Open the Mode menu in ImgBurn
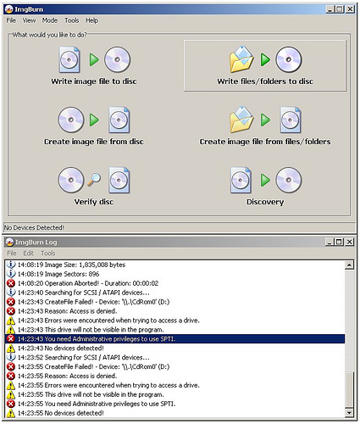pyautogui.click(x=50, y=20)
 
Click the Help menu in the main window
pyautogui.click(x=92, y=20)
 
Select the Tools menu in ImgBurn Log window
pyautogui.click(x=48, y=253)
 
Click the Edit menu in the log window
pyautogui.click(x=29, y=253)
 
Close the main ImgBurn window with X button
pyautogui.click(x=350, y=9)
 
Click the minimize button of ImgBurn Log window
pyautogui.click(x=330, y=242)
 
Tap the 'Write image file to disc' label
pyautogui.click(x=94, y=81)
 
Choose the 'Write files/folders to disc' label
pyautogui.click(x=265, y=81)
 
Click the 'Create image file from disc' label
pyautogui.click(x=94, y=142)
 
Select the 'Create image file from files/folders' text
pyautogui.click(x=265, y=142)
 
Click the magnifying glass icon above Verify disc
pyautogui.click(x=94, y=180)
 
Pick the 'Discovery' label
pyautogui.click(x=265, y=202)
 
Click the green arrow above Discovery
pyautogui.click(x=265, y=180)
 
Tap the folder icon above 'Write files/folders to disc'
pyautogui.click(x=241, y=59)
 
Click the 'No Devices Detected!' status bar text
pyautogui.click(x=34, y=227)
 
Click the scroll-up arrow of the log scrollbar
pyautogui.click(x=349, y=265)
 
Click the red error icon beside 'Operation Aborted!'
pyautogui.click(x=11, y=283)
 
